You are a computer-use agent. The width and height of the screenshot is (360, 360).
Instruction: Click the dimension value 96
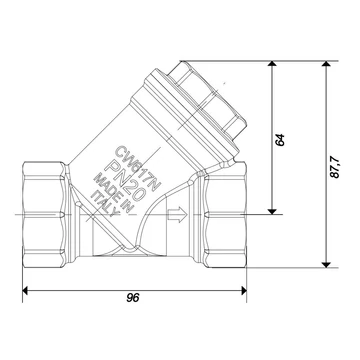click(x=133, y=298)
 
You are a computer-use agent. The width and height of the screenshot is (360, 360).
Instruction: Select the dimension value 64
click(x=280, y=140)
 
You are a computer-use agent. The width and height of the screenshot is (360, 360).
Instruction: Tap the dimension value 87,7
click(x=335, y=167)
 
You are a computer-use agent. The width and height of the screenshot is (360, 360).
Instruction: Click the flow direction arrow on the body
click(x=177, y=214)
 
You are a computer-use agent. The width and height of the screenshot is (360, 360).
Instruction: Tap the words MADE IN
click(x=114, y=192)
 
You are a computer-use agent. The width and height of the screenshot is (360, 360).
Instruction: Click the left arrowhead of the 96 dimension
click(x=25, y=290)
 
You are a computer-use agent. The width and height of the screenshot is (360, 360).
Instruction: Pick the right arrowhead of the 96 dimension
click(x=244, y=290)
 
